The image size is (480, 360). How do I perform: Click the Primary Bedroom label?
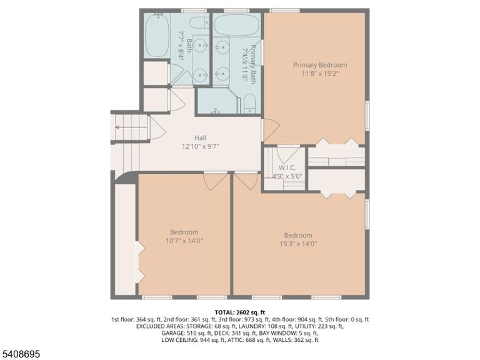(320, 65)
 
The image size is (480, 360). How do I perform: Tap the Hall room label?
(200, 137)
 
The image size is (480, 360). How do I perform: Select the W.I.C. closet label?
(287, 167)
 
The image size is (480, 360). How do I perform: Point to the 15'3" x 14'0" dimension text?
(298, 244)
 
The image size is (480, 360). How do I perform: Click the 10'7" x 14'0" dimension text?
(184, 241)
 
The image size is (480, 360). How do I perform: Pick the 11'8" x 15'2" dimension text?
(320, 74)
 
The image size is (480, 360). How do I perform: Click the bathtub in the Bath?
(157, 35)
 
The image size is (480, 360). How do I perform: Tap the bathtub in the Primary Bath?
(236, 26)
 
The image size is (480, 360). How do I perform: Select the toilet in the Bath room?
(199, 23)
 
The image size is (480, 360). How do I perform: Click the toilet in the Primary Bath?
(250, 104)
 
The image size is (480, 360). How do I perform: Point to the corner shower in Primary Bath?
(217, 101)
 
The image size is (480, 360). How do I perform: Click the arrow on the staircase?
(127, 127)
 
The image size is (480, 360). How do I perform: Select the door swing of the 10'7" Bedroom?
(216, 181)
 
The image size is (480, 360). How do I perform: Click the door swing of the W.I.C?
(288, 154)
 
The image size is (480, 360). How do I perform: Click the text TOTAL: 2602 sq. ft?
(240, 312)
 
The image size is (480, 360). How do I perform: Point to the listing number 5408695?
(20, 354)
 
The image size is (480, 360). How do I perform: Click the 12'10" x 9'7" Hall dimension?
(200, 146)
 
